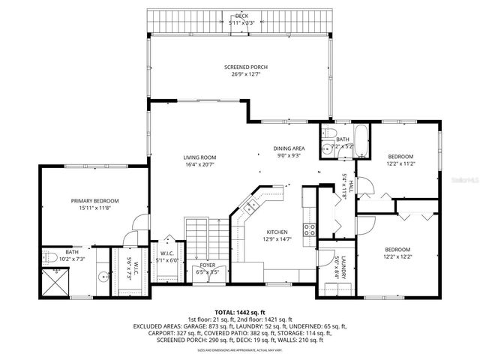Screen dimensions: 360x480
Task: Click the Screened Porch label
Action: [x=245, y=67]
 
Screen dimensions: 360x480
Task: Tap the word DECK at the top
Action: [x=241, y=16]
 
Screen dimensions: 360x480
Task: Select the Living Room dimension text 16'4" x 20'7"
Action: [x=199, y=164]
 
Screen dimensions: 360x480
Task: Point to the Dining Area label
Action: [x=288, y=148]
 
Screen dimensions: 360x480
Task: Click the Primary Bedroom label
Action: [x=95, y=200]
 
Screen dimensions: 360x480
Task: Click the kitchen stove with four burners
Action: [x=307, y=229]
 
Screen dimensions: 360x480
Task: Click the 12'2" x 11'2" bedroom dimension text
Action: [x=401, y=163]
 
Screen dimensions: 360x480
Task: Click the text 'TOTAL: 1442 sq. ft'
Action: [x=240, y=311]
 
